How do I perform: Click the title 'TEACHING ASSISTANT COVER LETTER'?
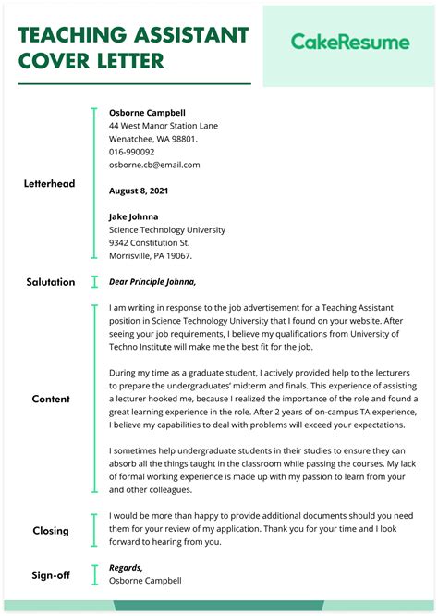click(x=134, y=48)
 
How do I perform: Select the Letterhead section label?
click(x=49, y=184)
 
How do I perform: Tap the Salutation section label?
click(x=51, y=282)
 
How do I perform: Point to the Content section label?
click(x=51, y=400)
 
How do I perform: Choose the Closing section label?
click(x=51, y=531)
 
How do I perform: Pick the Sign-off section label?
click(x=51, y=575)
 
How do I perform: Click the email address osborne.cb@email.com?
click(x=154, y=165)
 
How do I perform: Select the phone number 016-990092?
click(x=132, y=152)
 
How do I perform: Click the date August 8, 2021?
click(x=140, y=191)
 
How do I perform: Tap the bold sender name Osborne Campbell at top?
click(x=147, y=113)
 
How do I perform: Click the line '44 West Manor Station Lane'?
click(x=164, y=126)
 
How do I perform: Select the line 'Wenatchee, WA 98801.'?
click(x=152, y=139)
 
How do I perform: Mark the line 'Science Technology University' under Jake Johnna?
click(x=167, y=229)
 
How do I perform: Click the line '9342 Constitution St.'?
click(x=149, y=242)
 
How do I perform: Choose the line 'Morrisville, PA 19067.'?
click(x=151, y=255)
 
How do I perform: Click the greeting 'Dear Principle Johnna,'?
click(x=152, y=282)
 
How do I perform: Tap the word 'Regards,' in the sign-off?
click(x=126, y=568)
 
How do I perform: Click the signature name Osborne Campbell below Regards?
click(x=145, y=581)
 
